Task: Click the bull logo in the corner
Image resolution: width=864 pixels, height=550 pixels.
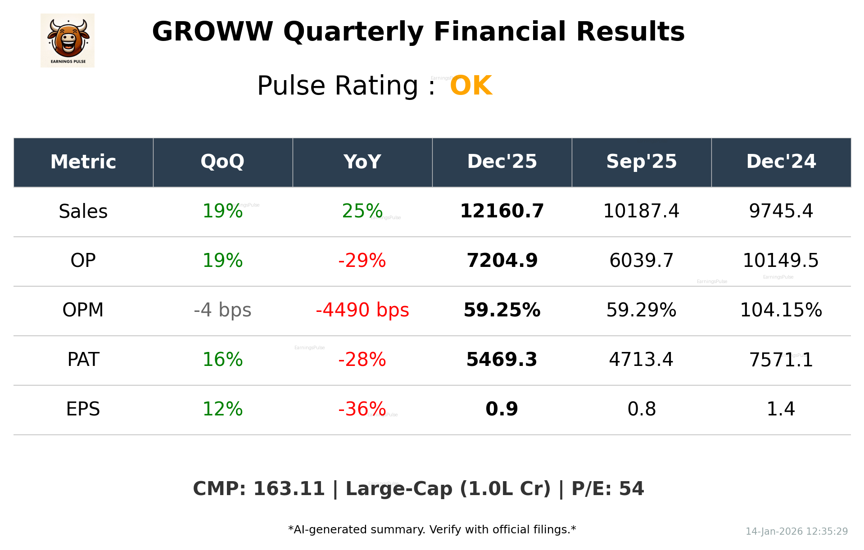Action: [x=68, y=41]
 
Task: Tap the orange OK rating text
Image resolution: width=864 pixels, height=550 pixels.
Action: [x=471, y=86]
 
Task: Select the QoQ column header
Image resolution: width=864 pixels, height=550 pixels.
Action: [x=222, y=162]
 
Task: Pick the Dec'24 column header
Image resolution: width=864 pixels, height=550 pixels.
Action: [x=781, y=162]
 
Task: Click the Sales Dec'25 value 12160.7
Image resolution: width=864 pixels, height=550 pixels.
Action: [x=502, y=211]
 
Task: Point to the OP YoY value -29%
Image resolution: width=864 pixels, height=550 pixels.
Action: [x=362, y=261]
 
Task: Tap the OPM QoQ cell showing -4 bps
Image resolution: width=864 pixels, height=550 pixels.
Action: [x=222, y=310]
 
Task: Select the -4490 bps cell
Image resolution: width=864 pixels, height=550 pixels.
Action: [x=362, y=310]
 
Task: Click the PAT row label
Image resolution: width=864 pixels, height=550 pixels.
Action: [x=83, y=360]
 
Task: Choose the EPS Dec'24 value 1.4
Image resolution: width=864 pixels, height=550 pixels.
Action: [x=781, y=409]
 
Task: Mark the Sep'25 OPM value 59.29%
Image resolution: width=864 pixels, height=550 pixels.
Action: [x=641, y=310]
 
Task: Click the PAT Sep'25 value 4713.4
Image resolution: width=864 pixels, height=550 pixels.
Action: [x=641, y=360]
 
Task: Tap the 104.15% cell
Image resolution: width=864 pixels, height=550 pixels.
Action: [x=781, y=310]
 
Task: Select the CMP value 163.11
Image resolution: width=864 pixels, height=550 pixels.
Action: [x=289, y=489]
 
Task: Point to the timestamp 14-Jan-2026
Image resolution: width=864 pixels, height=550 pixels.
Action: [x=774, y=532]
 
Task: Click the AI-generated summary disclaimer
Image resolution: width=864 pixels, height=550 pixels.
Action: [x=432, y=530]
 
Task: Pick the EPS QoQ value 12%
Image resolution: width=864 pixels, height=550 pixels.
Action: [x=222, y=409]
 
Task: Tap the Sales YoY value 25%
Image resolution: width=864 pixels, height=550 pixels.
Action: [x=362, y=211]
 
